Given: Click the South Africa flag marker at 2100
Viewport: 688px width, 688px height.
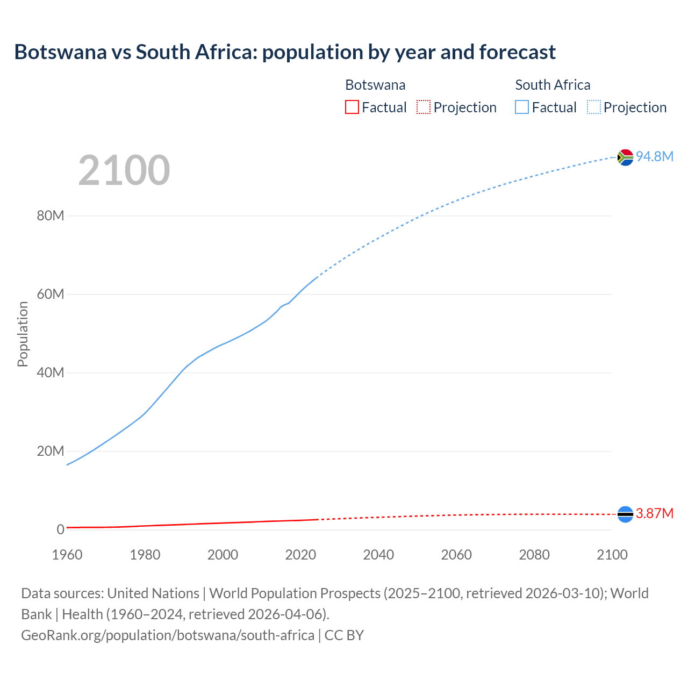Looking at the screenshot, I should pyautogui.click(x=625, y=157).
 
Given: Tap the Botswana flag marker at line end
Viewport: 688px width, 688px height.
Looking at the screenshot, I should pyautogui.click(x=625, y=514).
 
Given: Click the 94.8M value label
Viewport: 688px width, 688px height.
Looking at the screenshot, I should pyautogui.click(x=655, y=156).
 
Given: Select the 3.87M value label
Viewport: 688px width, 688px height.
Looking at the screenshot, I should pyautogui.click(x=655, y=513).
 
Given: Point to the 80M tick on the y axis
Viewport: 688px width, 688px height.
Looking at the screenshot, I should pyautogui.click(x=51, y=216).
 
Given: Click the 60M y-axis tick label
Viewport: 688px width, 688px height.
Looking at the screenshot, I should pyautogui.click(x=51, y=294).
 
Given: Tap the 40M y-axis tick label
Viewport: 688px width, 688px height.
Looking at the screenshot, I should pyautogui.click(x=51, y=372).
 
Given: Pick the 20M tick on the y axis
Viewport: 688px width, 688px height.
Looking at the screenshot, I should pyautogui.click(x=51, y=451).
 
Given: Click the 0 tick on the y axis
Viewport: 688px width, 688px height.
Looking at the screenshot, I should pyautogui.click(x=60, y=529).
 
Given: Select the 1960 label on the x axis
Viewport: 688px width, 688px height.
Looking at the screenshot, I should pyautogui.click(x=67, y=555).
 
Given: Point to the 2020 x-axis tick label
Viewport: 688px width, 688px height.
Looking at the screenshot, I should pyautogui.click(x=300, y=555).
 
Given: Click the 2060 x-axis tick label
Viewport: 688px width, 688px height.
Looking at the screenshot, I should pyautogui.click(x=456, y=555).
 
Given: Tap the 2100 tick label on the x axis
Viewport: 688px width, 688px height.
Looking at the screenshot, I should pyautogui.click(x=612, y=555).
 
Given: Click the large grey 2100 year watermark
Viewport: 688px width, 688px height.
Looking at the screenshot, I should pyautogui.click(x=124, y=170).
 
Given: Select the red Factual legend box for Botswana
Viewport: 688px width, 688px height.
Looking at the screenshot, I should pyautogui.click(x=352, y=107).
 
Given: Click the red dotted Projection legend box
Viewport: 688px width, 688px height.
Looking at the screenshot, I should pyautogui.click(x=424, y=107).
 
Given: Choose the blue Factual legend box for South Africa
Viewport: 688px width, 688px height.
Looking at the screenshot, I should pyautogui.click(x=522, y=107).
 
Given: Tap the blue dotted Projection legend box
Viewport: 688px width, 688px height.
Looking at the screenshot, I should pyautogui.click(x=594, y=107).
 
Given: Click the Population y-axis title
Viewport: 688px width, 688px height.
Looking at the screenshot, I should pyautogui.click(x=23, y=334).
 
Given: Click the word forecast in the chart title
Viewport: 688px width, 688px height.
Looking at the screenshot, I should pyautogui.click(x=517, y=52).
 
